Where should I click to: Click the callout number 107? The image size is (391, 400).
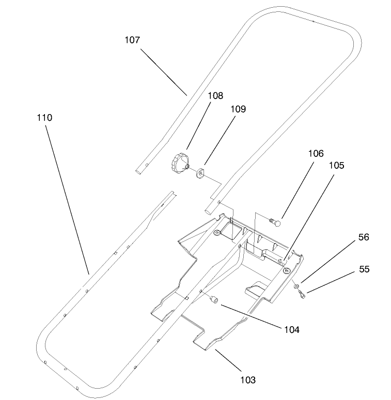(x=132, y=40)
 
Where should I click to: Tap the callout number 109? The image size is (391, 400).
(x=238, y=109)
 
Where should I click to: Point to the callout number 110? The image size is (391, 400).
(x=44, y=118)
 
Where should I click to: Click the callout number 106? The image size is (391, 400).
(x=316, y=153)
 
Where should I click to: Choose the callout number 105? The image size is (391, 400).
(x=336, y=166)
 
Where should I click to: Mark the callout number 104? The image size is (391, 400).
(x=291, y=329)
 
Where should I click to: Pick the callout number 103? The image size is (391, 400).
(x=248, y=380)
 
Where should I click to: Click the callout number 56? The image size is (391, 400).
(x=364, y=237)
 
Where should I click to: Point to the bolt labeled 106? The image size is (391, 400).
(x=275, y=222)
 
